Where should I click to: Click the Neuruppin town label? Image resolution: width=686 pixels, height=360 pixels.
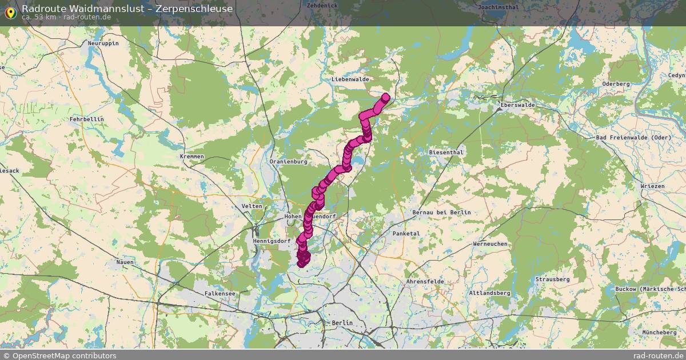point(103,43)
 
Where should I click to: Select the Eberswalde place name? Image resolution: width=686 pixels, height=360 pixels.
point(517,105)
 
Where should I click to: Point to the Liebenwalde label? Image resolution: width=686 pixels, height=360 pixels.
point(350,79)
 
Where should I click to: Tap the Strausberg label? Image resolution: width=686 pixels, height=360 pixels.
point(552,279)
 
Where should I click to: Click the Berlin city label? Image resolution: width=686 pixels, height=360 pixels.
point(342,323)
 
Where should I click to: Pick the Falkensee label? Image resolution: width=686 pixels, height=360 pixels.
point(220,293)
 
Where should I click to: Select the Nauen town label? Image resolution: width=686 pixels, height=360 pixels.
point(125,262)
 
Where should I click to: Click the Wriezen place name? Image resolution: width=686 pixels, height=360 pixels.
point(652,186)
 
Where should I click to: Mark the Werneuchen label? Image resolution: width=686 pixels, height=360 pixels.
point(490,244)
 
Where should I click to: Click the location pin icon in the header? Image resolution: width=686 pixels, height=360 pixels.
point(10,11)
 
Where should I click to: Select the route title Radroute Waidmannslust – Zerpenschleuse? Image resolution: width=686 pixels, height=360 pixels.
point(127,8)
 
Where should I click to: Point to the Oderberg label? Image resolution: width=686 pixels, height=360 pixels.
point(616,84)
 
